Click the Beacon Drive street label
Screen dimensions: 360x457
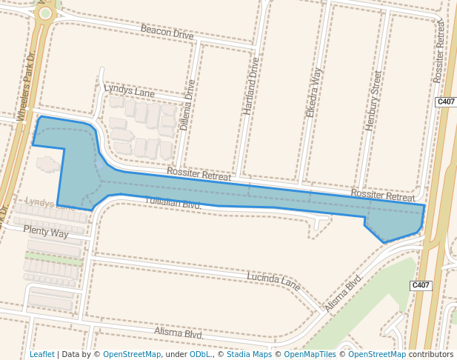click(167, 33)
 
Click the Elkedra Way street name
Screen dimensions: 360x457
click(314, 93)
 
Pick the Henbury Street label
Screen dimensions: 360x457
click(373, 101)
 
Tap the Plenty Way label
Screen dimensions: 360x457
click(46, 233)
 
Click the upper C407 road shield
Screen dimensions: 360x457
click(445, 101)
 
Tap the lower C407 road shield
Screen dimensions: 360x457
click(421, 285)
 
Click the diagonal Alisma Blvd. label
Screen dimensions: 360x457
click(344, 293)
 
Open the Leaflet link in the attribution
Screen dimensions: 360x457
click(41, 354)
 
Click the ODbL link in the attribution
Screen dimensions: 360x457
click(199, 354)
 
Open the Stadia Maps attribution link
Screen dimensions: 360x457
click(249, 354)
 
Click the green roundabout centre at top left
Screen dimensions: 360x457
click(46, 13)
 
